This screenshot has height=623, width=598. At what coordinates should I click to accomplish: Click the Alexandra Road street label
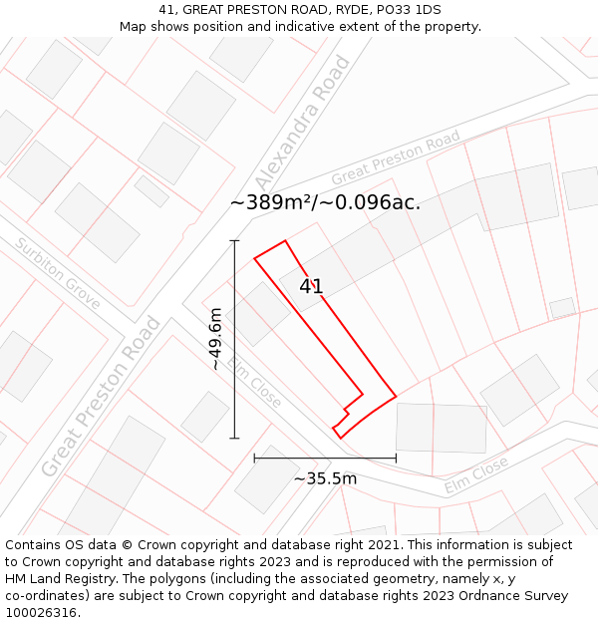coord(304,122)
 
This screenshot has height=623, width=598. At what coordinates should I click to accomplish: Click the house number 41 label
coord(311,287)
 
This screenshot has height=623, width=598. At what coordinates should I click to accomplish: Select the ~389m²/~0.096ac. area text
coord(325,202)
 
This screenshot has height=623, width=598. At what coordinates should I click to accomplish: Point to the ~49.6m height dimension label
coord(214,339)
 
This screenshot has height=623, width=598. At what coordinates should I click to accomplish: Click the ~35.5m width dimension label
coord(325,478)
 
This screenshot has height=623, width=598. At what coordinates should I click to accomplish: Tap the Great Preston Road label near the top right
coord(396,157)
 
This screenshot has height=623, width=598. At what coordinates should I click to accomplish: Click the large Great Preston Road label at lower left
coord(101,396)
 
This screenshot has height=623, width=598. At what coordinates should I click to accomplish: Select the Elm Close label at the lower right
coord(476,474)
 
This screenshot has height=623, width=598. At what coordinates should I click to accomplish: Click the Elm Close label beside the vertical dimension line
coord(254,382)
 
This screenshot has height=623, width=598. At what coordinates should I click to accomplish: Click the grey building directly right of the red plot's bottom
coord(442,428)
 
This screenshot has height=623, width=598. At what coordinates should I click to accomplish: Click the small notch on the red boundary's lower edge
coord(347,411)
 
